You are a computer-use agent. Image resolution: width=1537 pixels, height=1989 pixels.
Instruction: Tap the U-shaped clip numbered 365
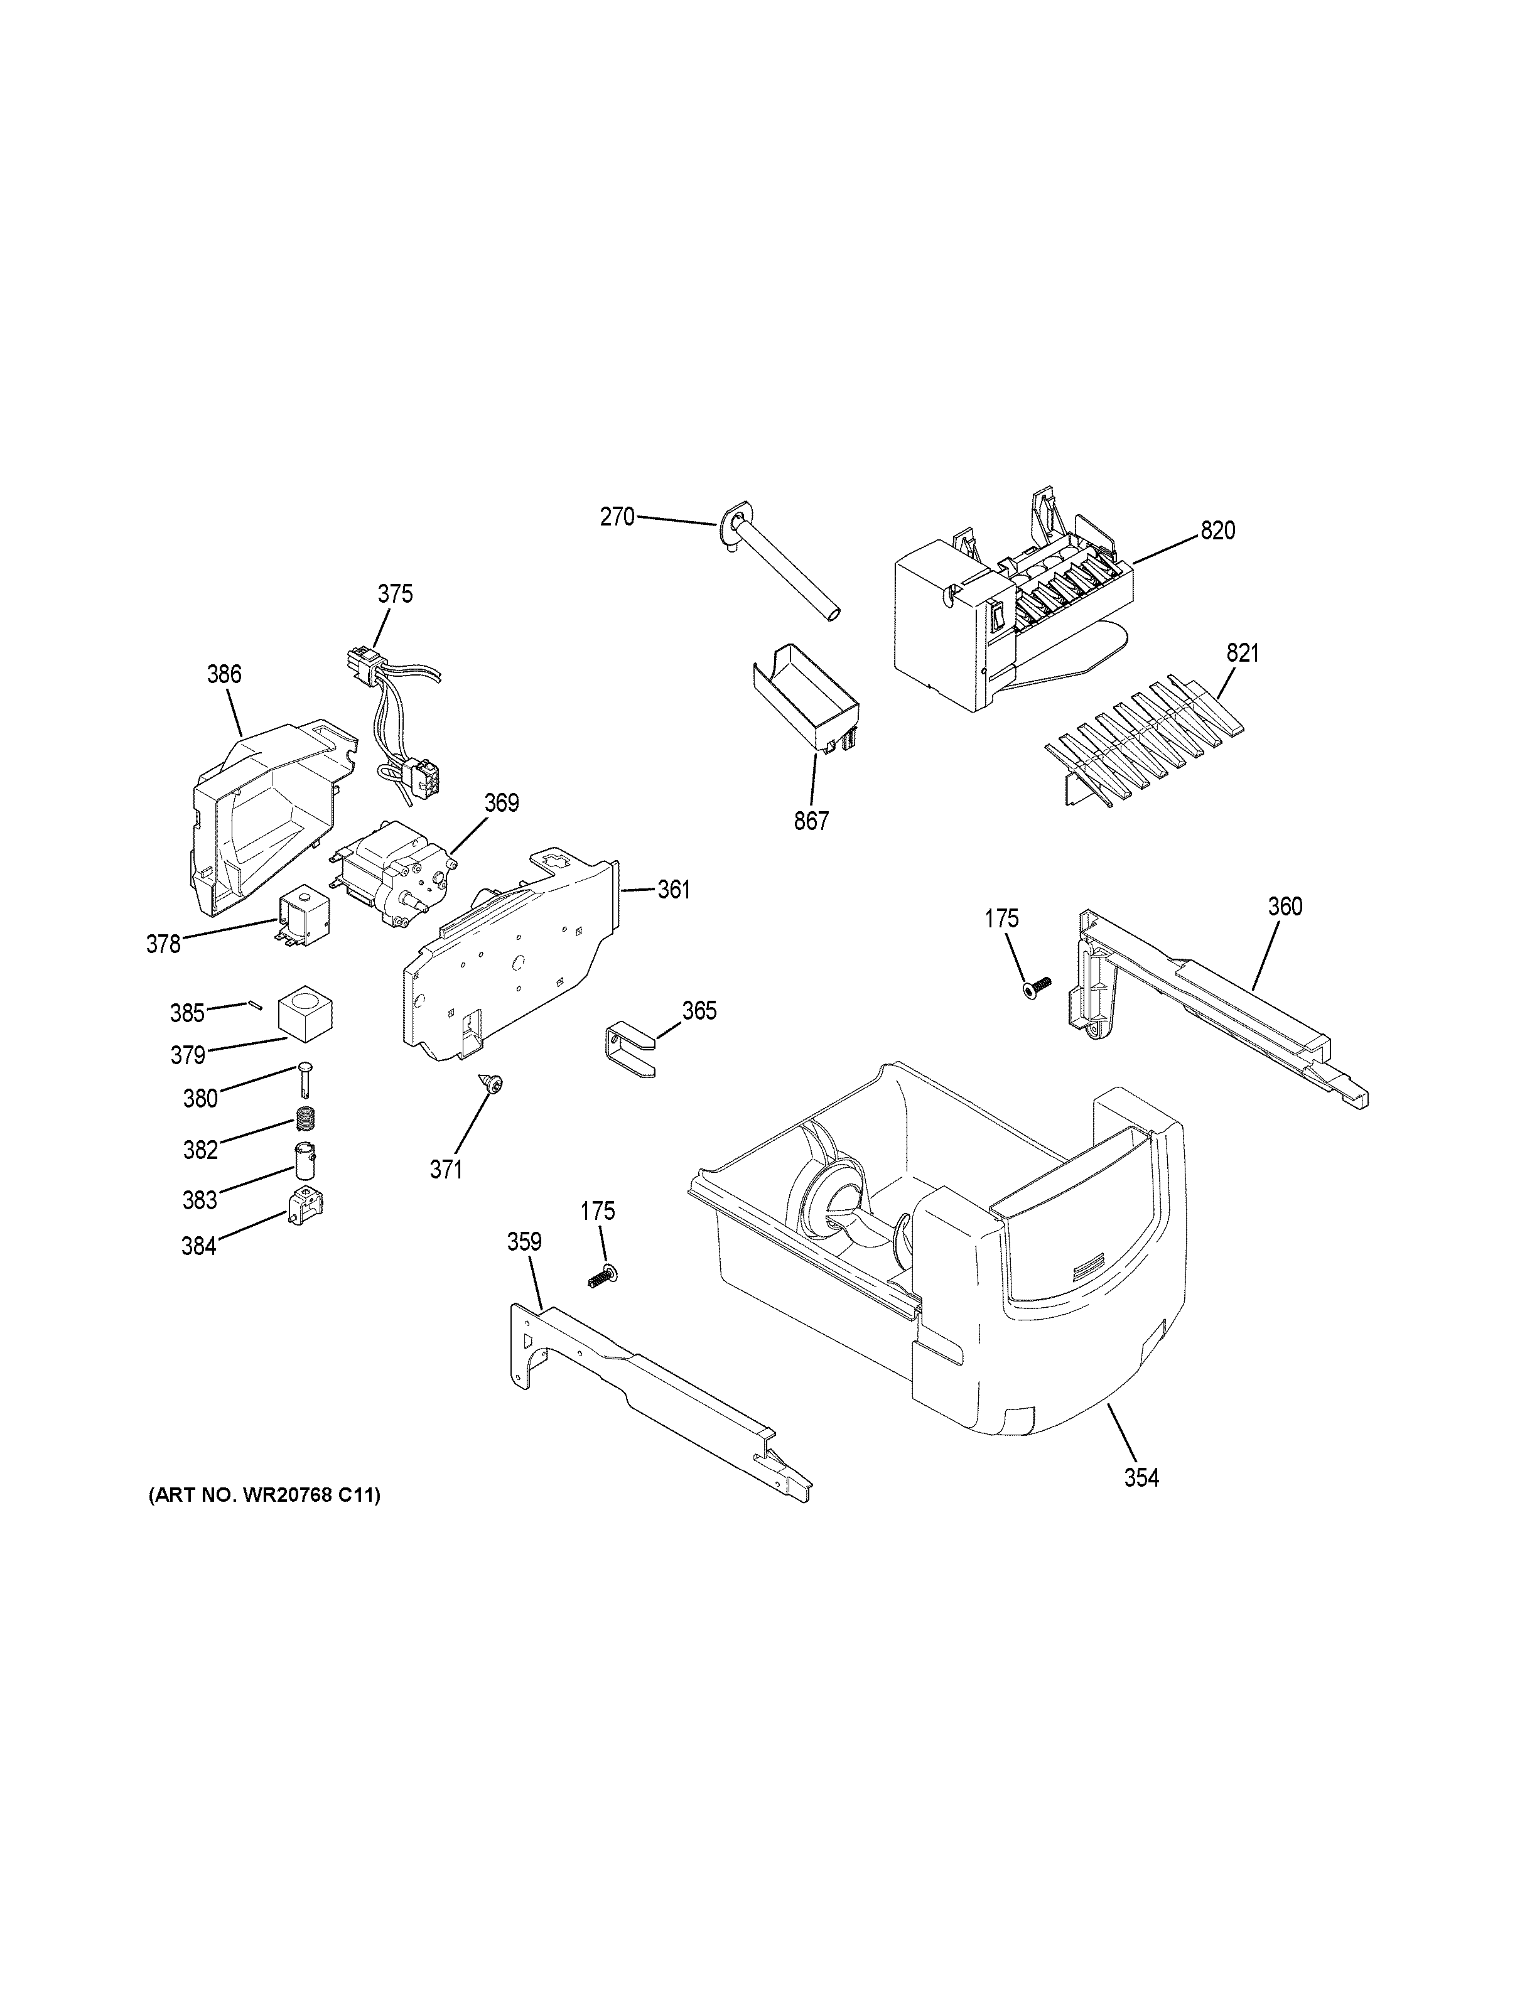click(x=628, y=1051)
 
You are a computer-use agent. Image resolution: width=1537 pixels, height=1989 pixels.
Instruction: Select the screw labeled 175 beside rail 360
click(x=1036, y=986)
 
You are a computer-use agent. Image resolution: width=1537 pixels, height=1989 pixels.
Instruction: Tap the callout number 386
click(x=224, y=674)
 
